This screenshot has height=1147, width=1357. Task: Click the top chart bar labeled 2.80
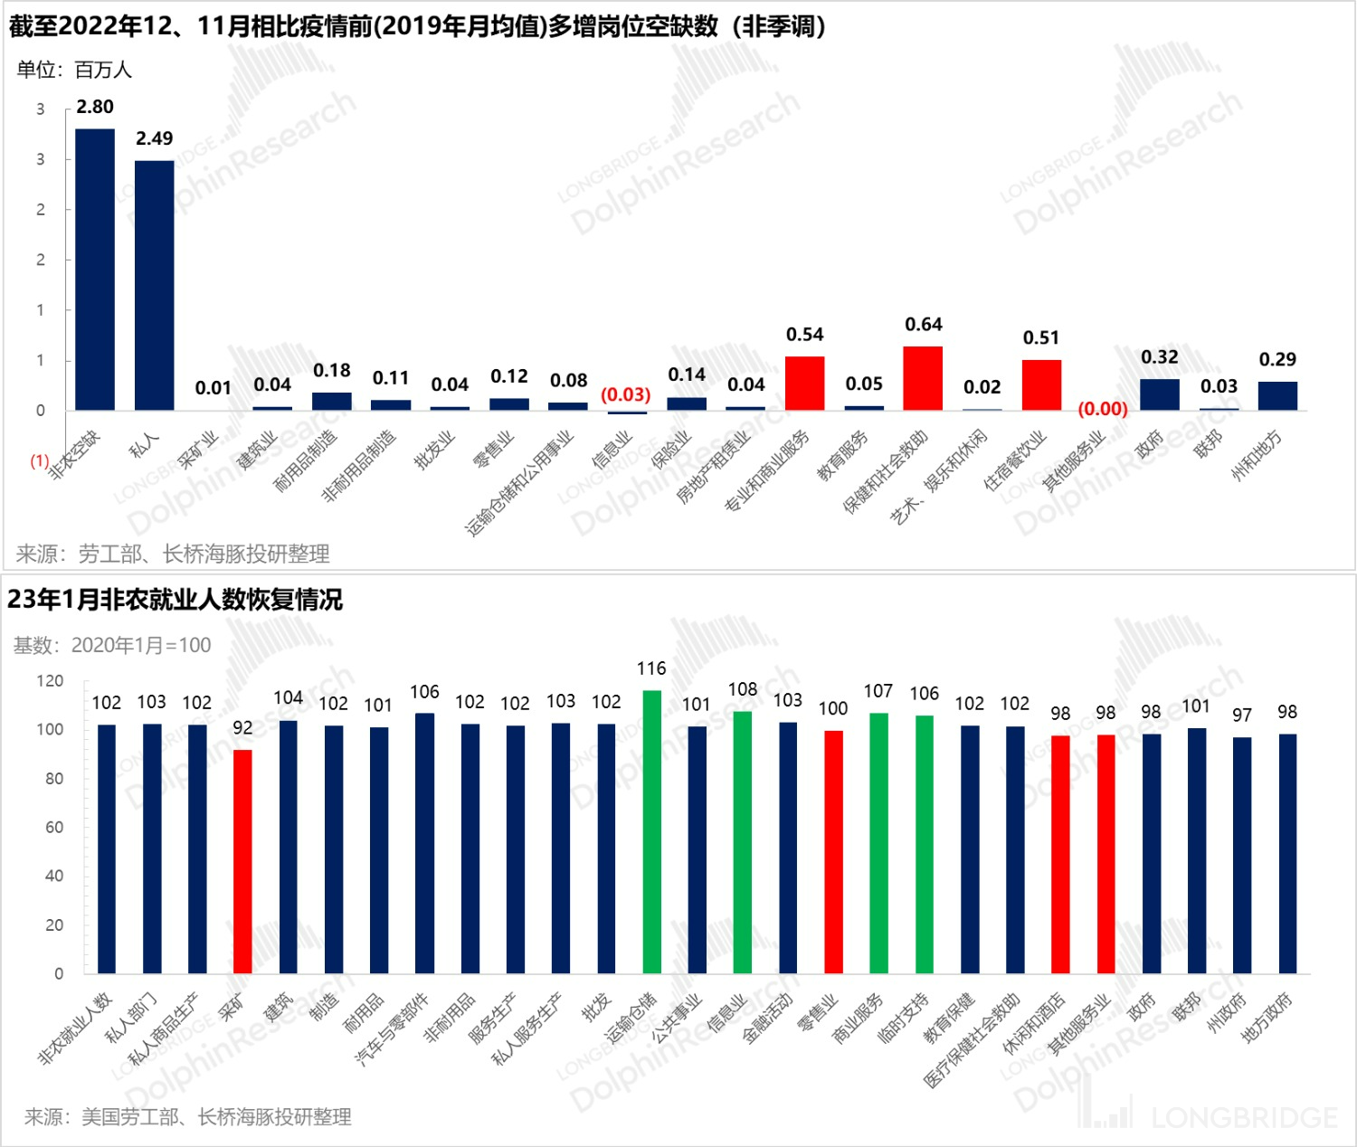coord(95,270)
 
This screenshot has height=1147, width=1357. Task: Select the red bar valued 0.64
coord(923,378)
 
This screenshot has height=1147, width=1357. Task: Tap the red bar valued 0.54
coord(804,384)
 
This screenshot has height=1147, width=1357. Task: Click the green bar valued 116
coord(651,832)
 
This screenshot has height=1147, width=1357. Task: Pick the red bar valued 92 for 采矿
coord(242,861)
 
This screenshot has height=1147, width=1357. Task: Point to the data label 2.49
coord(155,138)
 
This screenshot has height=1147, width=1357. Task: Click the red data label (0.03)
coord(626,394)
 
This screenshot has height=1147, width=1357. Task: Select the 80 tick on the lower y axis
coord(54,779)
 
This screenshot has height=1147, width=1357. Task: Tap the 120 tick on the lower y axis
coord(51,681)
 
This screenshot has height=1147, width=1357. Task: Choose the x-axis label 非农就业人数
coord(76,1027)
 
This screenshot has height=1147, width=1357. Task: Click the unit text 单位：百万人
coord(74,70)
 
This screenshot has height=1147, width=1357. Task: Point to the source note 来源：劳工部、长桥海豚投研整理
coord(173,554)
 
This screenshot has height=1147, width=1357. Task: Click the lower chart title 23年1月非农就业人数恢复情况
coord(176,600)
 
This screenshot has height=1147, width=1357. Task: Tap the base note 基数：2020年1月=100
coord(112,645)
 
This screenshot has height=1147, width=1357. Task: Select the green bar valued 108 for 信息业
coord(743,842)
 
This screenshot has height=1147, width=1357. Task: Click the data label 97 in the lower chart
coord(1242,716)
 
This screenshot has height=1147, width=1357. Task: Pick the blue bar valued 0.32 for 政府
coord(1160,394)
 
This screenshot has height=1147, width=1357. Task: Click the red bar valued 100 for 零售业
coord(833,852)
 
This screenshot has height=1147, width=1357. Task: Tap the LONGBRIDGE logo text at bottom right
coord(1243,1118)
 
